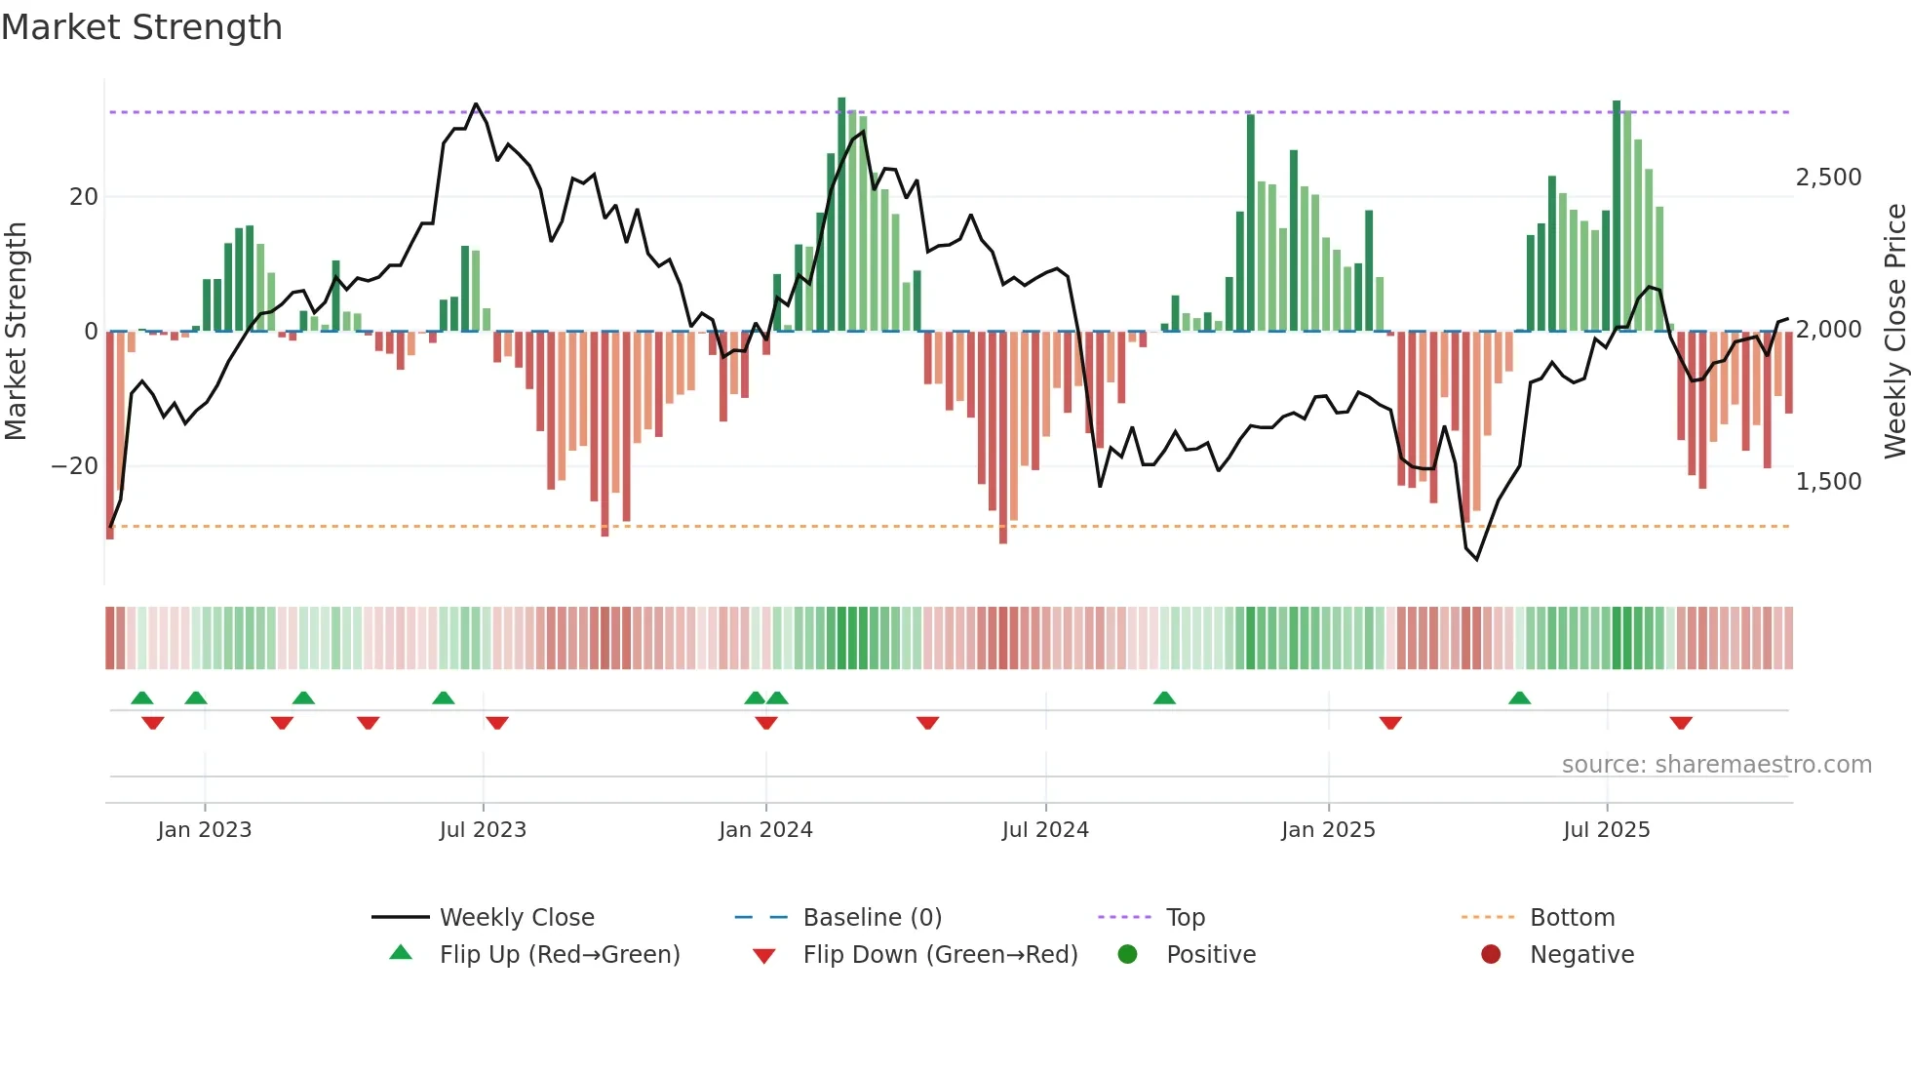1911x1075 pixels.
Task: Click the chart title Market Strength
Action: pos(141,27)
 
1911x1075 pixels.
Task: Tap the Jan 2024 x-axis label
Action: pos(765,830)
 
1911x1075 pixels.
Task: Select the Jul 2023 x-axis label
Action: pos(483,830)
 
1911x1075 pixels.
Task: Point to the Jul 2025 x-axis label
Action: pos(1606,830)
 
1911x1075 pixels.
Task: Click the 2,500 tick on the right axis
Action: pos(1828,178)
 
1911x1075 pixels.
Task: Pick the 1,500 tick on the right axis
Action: pos(1828,482)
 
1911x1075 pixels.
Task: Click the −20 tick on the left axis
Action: pos(75,466)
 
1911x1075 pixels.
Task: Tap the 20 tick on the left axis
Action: pos(84,197)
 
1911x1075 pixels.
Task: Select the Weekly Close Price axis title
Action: pos(1894,331)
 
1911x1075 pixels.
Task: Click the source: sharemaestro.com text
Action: pos(1716,765)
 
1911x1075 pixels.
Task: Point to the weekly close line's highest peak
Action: pos(476,103)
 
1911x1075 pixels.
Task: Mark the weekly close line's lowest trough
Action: pos(1477,559)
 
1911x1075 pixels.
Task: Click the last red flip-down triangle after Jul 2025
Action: pos(1681,723)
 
